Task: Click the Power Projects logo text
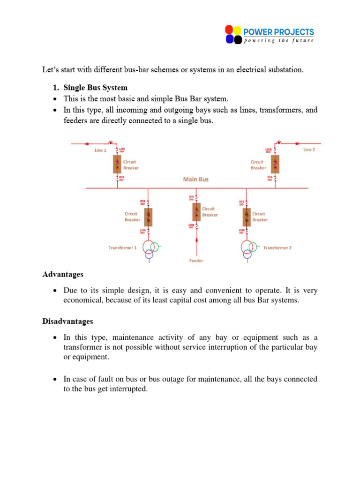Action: click(278, 32)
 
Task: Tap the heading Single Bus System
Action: click(95, 88)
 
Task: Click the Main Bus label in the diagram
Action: click(196, 179)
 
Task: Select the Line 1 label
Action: click(100, 150)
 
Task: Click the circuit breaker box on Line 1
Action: click(117, 164)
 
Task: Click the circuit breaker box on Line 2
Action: click(276, 164)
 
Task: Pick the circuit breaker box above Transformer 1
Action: click(148, 217)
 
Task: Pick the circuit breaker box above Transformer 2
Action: click(247, 217)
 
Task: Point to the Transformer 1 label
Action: click(122, 247)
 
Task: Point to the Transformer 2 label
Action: click(277, 247)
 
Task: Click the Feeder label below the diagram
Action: click(196, 261)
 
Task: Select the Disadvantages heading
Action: click(67, 322)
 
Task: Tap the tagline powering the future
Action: click(278, 41)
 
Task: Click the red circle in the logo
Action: click(229, 30)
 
